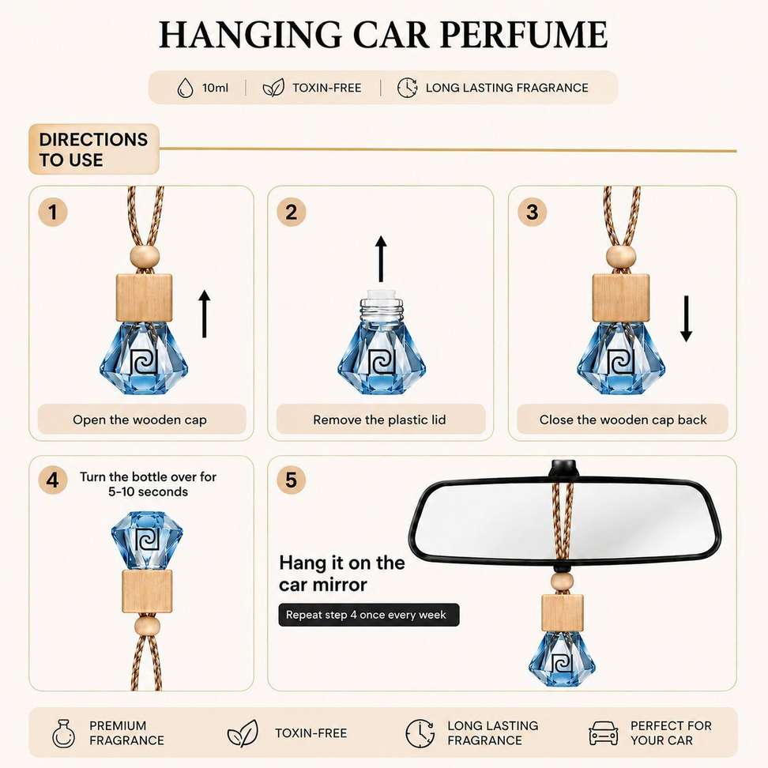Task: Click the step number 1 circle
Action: click(52, 212)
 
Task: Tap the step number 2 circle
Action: click(292, 212)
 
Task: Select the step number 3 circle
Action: click(532, 212)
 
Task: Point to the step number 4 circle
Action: click(52, 480)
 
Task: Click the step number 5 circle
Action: click(292, 480)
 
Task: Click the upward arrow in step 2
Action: click(381, 259)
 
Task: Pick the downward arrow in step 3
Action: click(686, 319)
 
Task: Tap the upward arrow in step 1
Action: click(204, 314)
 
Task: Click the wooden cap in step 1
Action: click(144, 299)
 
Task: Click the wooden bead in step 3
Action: click(621, 257)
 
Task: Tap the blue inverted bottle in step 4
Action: click(147, 540)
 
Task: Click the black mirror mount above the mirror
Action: click(565, 469)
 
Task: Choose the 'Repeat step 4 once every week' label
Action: click(369, 615)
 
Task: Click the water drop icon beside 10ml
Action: click(185, 88)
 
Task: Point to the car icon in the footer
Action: click(603, 733)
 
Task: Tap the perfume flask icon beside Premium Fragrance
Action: click(64, 733)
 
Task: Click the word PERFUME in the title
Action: click(524, 35)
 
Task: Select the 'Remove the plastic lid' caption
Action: click(379, 420)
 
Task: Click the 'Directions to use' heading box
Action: click(94, 149)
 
